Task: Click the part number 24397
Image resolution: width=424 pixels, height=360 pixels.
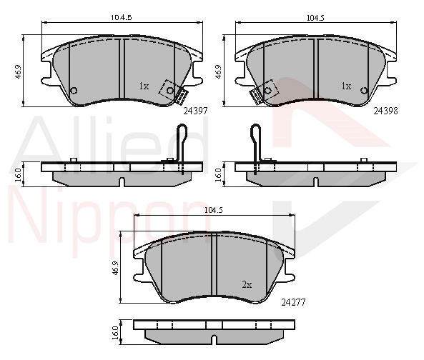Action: (x=195, y=111)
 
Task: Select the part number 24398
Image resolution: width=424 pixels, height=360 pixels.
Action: (x=385, y=111)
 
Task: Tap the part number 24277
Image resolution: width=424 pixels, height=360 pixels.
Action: (x=293, y=302)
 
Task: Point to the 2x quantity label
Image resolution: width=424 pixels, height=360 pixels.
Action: (x=247, y=285)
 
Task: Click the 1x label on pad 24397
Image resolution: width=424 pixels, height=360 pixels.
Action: (x=144, y=86)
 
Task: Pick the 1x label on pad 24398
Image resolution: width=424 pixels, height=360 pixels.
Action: (x=346, y=86)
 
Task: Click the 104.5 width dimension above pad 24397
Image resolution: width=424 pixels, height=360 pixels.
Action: (x=122, y=18)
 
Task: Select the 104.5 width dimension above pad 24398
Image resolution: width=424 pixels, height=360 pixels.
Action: (x=315, y=18)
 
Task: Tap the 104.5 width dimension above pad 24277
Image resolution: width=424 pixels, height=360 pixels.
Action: (x=213, y=210)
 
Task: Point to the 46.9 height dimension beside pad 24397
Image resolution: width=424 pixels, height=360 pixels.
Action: (x=18, y=71)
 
